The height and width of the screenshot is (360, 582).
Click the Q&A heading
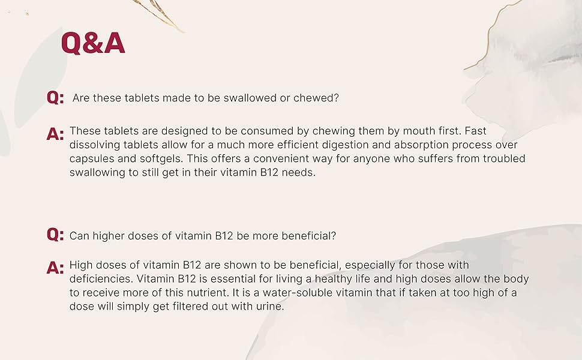pyautogui.click(x=93, y=43)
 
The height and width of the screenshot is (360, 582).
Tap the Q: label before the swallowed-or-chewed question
pyautogui.click(x=55, y=98)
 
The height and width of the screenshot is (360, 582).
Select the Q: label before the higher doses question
pyautogui.click(x=55, y=235)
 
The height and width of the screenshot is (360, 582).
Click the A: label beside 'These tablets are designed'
pyautogui.click(x=55, y=134)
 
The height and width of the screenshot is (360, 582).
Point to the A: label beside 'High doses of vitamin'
pyautogui.click(x=55, y=268)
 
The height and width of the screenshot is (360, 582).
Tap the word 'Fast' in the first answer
pyautogui.click(x=475, y=131)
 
